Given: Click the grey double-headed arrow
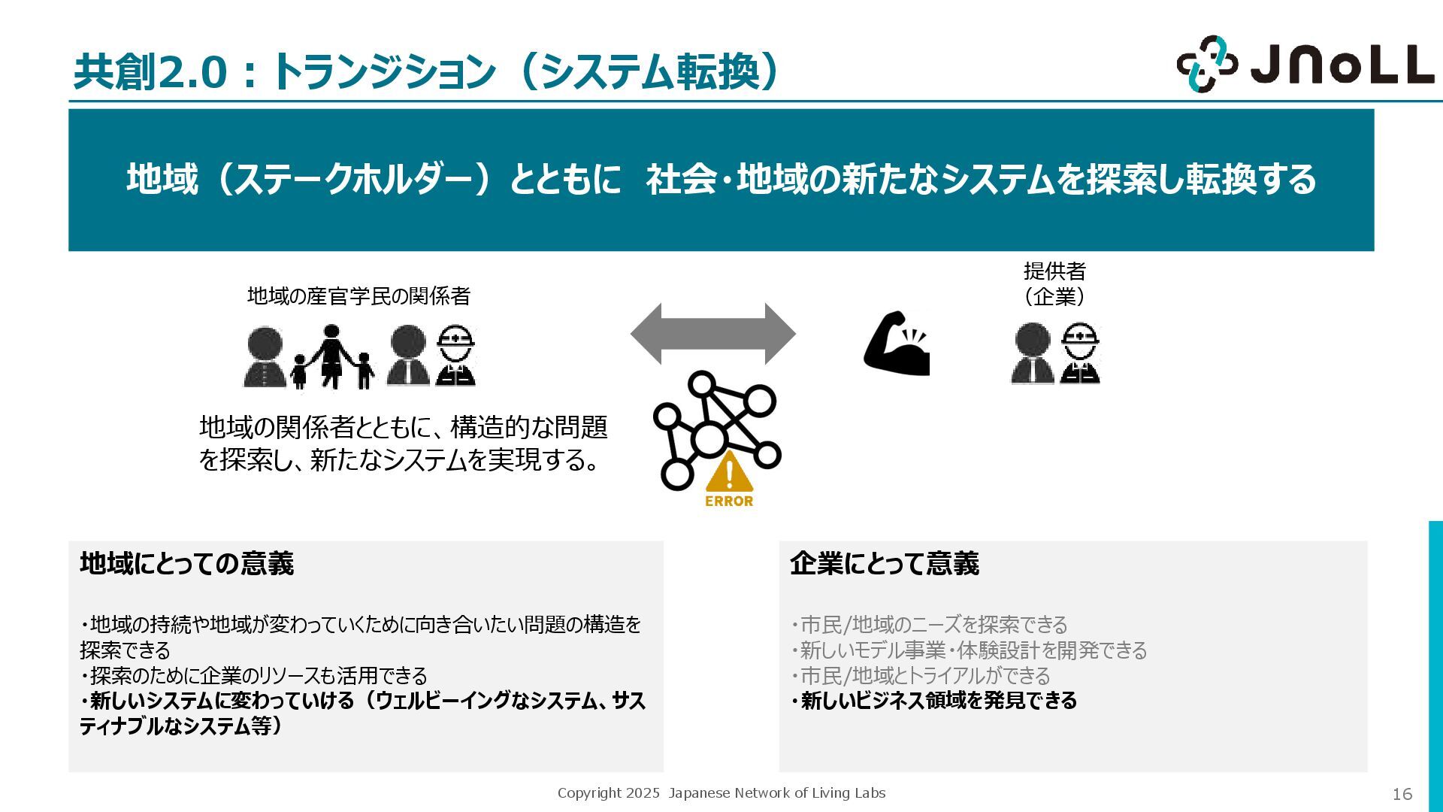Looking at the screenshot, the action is pos(712,334).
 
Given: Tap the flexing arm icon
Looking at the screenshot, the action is pos(897,343).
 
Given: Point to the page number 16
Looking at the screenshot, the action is pos(1402,794).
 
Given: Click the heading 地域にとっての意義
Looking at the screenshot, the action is pos(186,563).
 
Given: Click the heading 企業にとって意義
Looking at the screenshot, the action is pos(884,563).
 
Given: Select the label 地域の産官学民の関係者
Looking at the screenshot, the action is pos(358,296).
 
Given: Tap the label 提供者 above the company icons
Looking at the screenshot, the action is pos(1054,271).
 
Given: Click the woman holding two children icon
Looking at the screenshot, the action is pos(331,357).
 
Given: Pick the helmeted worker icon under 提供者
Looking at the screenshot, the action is pos(1080,354).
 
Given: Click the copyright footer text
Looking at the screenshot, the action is pos(721,793).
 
